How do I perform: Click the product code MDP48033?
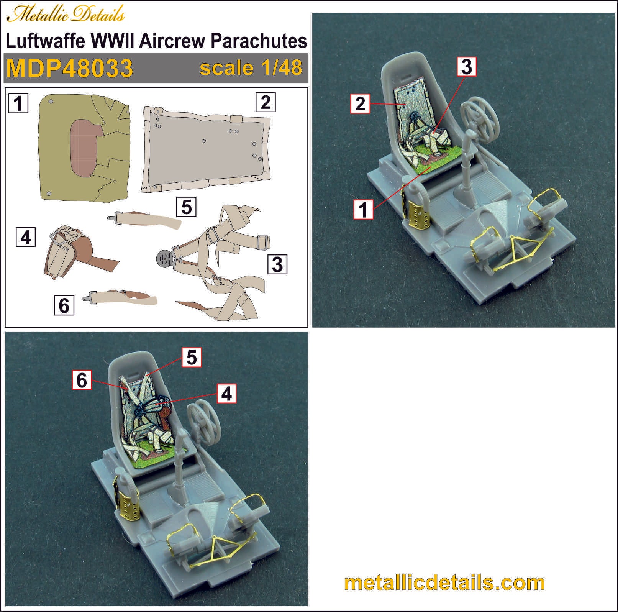69,68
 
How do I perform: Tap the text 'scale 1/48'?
251,68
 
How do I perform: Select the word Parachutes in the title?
259,41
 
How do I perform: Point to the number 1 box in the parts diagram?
18,103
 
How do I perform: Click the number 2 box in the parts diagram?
266,102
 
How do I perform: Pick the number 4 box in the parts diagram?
26,237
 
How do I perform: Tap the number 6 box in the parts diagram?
64,305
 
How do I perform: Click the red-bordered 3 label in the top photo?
467,67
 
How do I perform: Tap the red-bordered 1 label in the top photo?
363,210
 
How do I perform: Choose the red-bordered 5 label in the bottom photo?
192,357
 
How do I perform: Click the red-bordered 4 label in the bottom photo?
226,394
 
